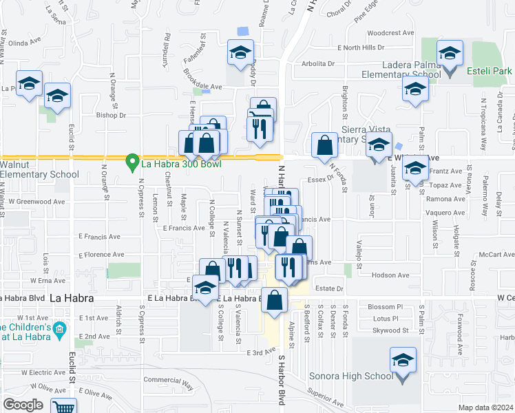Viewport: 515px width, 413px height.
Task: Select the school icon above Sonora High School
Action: click(403, 361)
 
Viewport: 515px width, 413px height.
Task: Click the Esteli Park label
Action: click(489, 71)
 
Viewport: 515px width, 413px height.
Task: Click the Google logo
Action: click(23, 404)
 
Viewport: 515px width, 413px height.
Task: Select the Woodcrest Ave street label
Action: click(390, 32)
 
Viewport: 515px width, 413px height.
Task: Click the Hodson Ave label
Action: click(395, 275)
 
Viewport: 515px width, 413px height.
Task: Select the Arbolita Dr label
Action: click(317, 63)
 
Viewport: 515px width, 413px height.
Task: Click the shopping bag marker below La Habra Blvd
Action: click(274, 299)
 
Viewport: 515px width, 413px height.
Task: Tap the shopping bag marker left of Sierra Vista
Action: click(324, 145)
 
